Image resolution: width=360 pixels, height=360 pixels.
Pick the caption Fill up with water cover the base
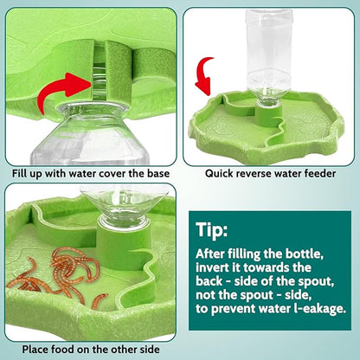pyautogui.click(x=89, y=173)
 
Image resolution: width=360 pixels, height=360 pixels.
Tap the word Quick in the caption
pyautogui.click(x=222, y=173)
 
